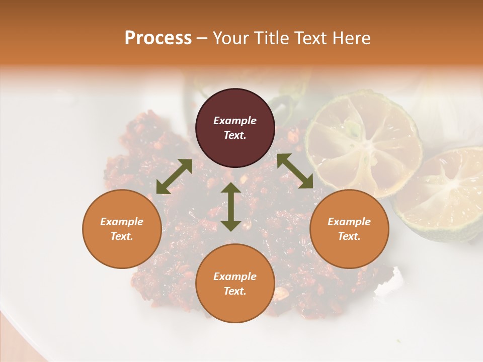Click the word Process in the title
158,38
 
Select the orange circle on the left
122,229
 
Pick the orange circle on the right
349,229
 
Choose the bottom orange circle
235,284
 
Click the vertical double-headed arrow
231,207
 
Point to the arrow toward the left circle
174,176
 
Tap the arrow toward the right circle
295,171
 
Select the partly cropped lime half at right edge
443,194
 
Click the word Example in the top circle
235,121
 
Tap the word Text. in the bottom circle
235,291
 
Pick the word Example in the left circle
122,222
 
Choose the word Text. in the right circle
349,236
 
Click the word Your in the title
229,38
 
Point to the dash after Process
202,39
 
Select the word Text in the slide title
309,38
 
